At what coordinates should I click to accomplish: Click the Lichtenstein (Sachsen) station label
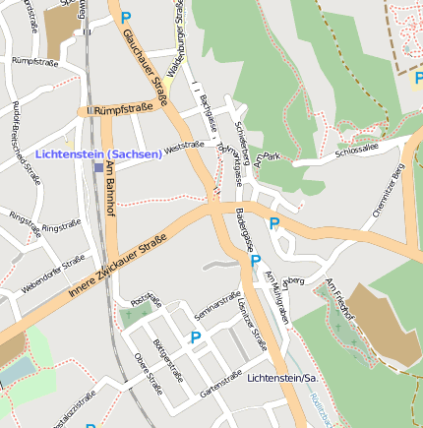point(98,154)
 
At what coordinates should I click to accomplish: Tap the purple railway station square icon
point(98,167)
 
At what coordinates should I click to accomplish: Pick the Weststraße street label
point(185,147)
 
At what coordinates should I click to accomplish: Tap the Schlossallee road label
point(356,148)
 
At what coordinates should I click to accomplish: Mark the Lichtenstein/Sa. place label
point(285,378)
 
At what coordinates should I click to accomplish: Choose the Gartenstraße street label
point(220,383)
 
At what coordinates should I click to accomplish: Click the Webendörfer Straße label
point(53,275)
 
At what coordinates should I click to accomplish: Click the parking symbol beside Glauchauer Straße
point(125,17)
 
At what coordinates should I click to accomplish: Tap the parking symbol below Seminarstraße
point(195,338)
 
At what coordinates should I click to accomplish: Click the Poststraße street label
point(145,298)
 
